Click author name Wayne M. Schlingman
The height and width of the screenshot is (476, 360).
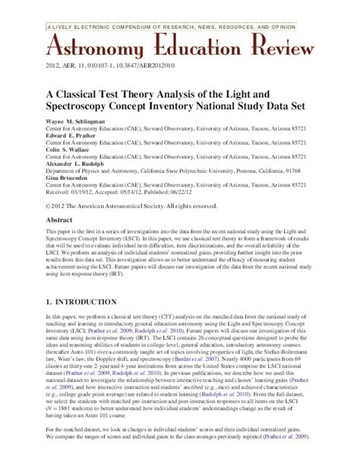pos(79,120)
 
